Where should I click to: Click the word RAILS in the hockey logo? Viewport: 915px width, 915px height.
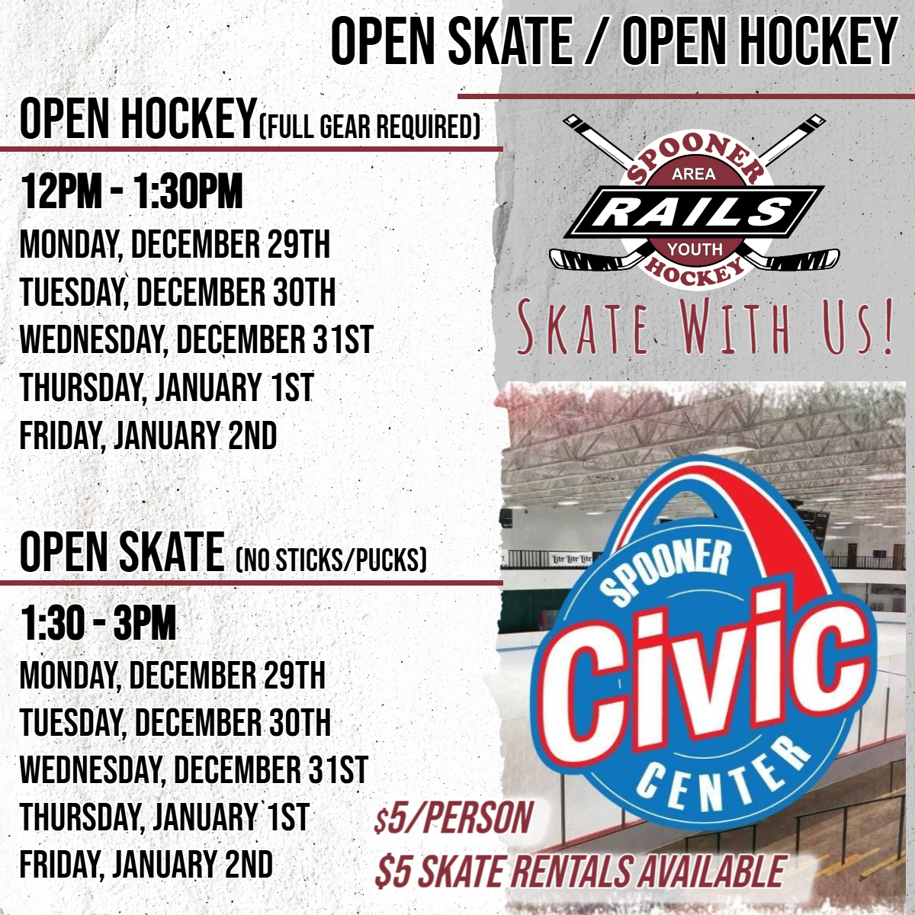[x=694, y=211]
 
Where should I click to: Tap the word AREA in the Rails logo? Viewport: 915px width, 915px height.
[x=694, y=175]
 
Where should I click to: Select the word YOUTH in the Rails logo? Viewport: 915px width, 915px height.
[x=695, y=249]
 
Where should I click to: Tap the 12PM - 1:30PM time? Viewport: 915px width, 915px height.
[x=131, y=191]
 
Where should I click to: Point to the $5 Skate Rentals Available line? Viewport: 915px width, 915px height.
[x=579, y=870]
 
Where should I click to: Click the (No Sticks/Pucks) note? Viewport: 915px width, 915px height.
[x=331, y=559]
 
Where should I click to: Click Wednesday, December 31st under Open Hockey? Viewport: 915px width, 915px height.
[x=197, y=339]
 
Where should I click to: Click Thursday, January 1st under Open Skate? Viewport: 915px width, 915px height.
[x=165, y=816]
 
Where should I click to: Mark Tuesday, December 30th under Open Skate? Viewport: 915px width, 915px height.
[x=175, y=721]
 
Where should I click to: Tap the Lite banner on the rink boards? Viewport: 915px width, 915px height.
[x=572, y=560]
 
